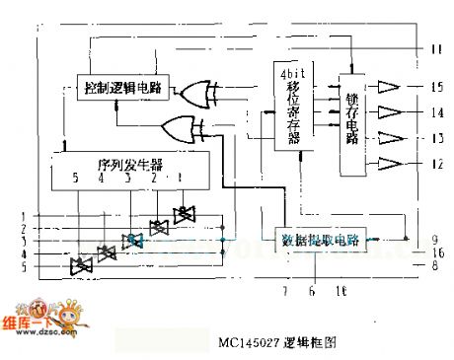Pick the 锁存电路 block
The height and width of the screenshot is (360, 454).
[352, 125]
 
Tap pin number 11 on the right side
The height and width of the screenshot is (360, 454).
[436, 48]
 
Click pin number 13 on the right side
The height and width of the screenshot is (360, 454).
[436, 138]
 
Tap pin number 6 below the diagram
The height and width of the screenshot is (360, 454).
[313, 291]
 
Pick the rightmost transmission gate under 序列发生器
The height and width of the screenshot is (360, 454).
[183, 214]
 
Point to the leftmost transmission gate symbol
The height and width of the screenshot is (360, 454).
[81, 265]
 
